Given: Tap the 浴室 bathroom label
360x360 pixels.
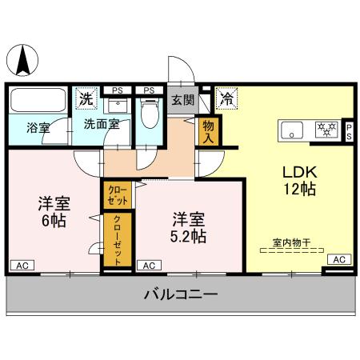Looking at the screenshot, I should click(38, 126).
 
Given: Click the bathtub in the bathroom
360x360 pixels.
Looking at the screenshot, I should click(39, 102).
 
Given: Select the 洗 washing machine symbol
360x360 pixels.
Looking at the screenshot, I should click(86, 99).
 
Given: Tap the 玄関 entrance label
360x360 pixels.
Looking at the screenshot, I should click(182, 100).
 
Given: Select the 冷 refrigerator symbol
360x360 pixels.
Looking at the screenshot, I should click(226, 99).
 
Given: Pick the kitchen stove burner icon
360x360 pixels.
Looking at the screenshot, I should click(326, 127).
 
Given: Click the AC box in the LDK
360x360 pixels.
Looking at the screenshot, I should click(338, 259).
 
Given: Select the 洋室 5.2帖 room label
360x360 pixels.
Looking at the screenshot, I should click(189, 226).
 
